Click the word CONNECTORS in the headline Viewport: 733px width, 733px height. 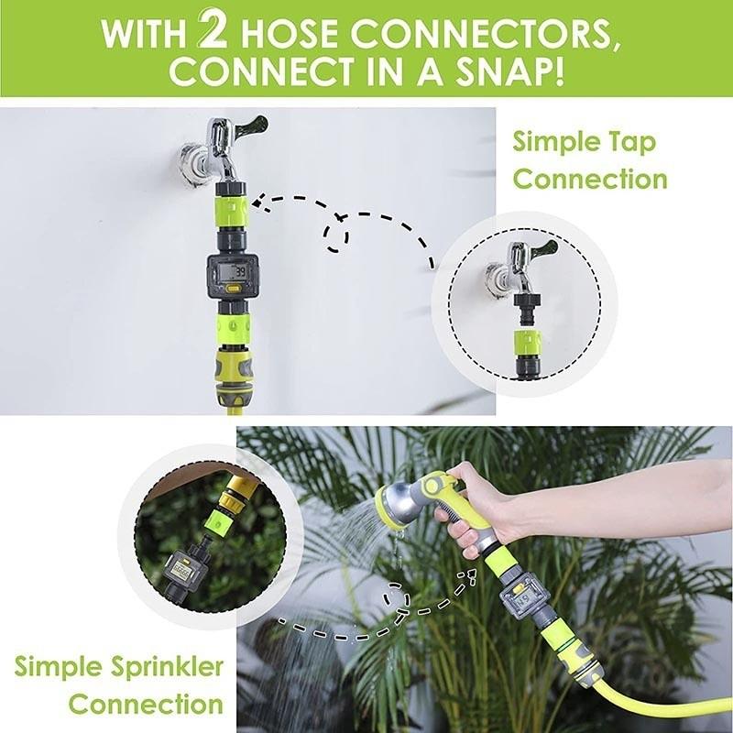483,33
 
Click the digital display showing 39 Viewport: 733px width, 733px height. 233,271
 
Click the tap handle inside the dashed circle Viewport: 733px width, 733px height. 542,248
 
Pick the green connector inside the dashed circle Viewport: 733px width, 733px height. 526,343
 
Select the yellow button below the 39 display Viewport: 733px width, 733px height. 233,291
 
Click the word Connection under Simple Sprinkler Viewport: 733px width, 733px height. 146,705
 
